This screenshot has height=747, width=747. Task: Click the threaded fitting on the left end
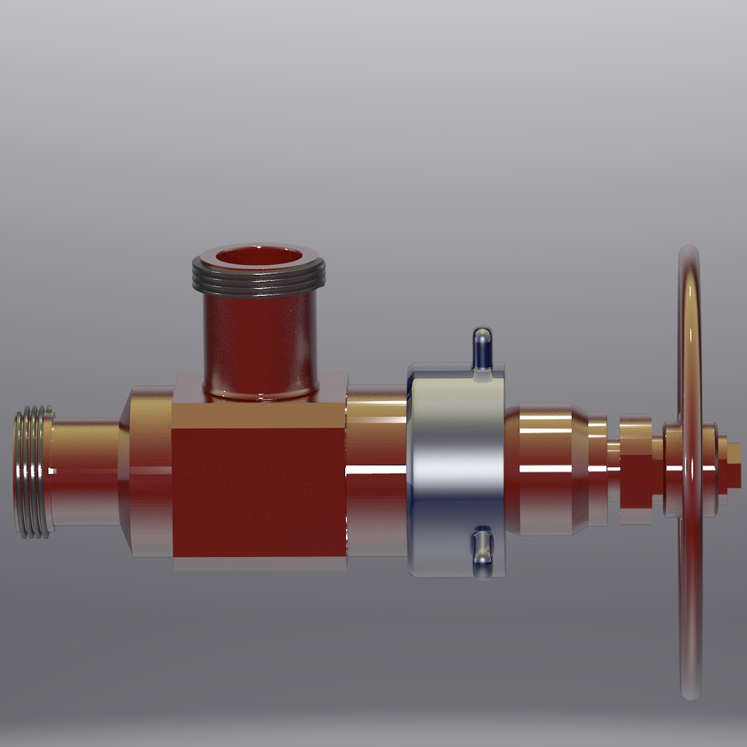(x=32, y=472)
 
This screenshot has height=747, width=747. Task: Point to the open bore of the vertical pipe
(x=259, y=257)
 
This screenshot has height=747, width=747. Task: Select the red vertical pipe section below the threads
(x=259, y=339)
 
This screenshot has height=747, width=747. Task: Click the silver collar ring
(x=453, y=470)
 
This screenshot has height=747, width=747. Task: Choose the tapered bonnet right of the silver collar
(x=546, y=470)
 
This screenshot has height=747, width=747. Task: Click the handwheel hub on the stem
(x=674, y=470)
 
